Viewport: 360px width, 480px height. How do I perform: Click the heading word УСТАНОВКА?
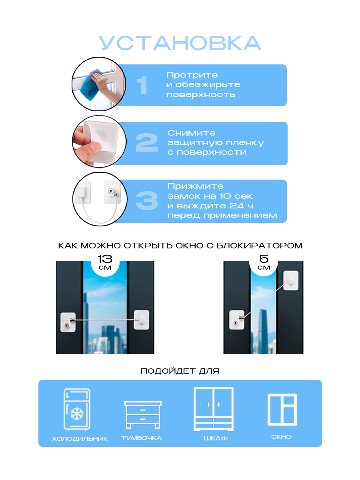point(180,43)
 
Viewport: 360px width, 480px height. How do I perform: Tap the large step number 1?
point(142,85)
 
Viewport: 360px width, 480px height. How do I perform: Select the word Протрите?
point(192,75)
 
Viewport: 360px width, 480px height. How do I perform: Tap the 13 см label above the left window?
point(105,262)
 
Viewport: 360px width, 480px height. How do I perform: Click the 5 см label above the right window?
point(264,262)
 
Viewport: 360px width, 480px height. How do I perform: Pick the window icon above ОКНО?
point(282,409)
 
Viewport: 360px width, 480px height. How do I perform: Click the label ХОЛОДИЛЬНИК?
point(80,439)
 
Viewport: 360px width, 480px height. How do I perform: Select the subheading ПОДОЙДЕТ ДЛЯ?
point(180,371)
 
